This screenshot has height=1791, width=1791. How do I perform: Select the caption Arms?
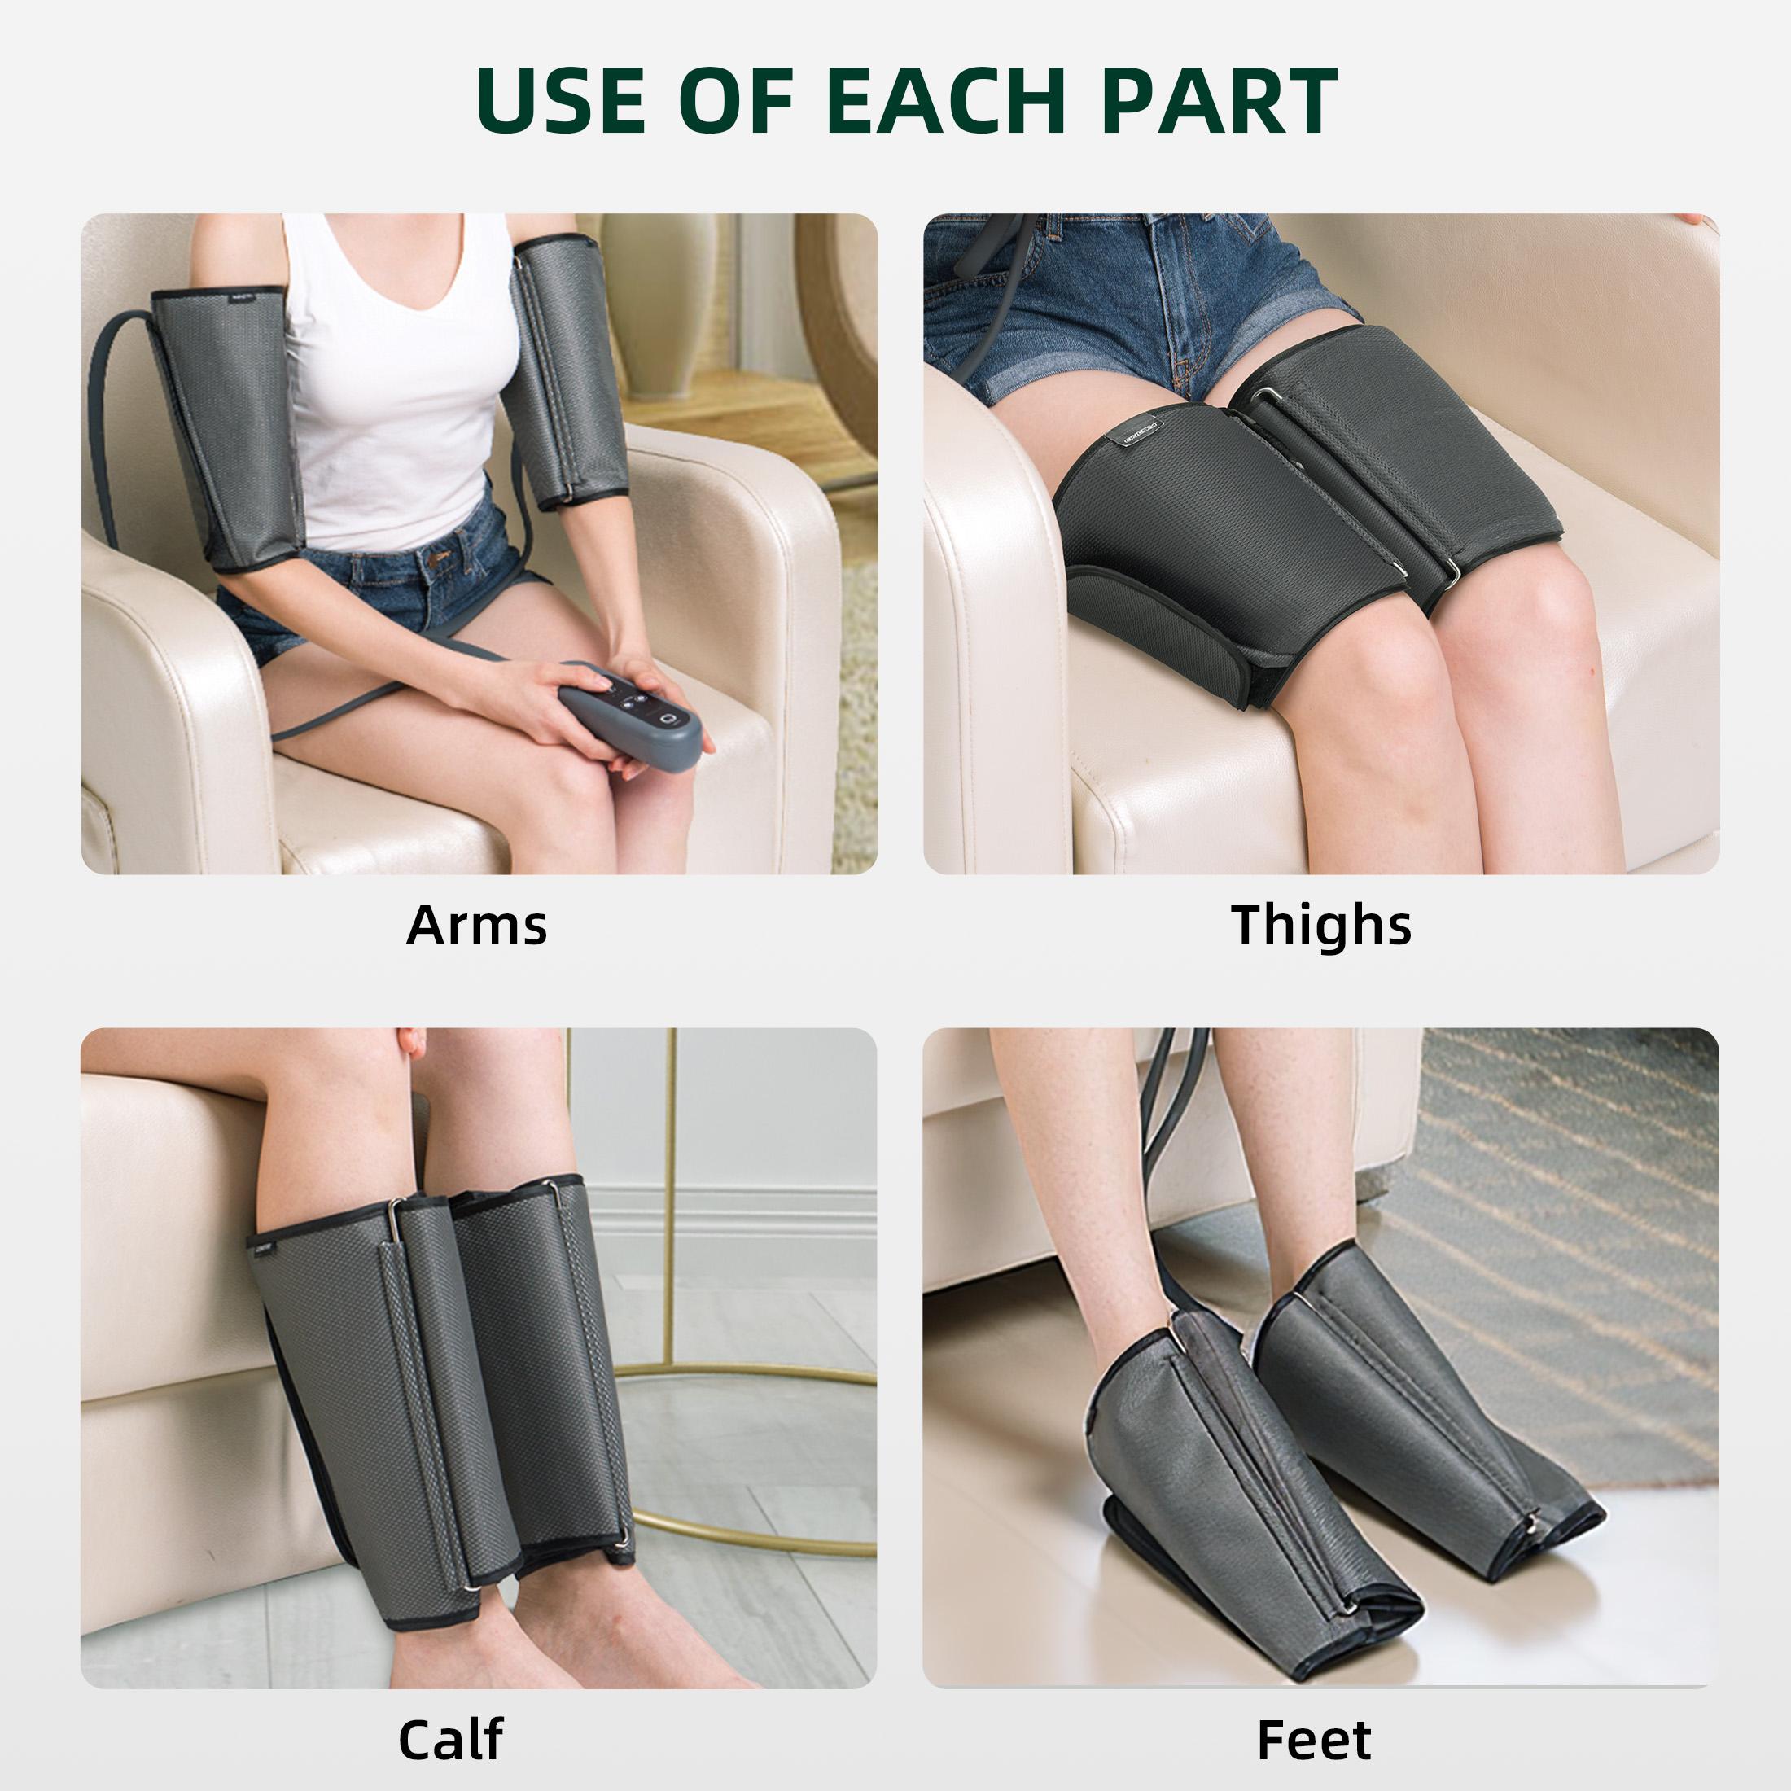pos(476,924)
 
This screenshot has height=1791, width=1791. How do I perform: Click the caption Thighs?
pos(1321,924)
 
